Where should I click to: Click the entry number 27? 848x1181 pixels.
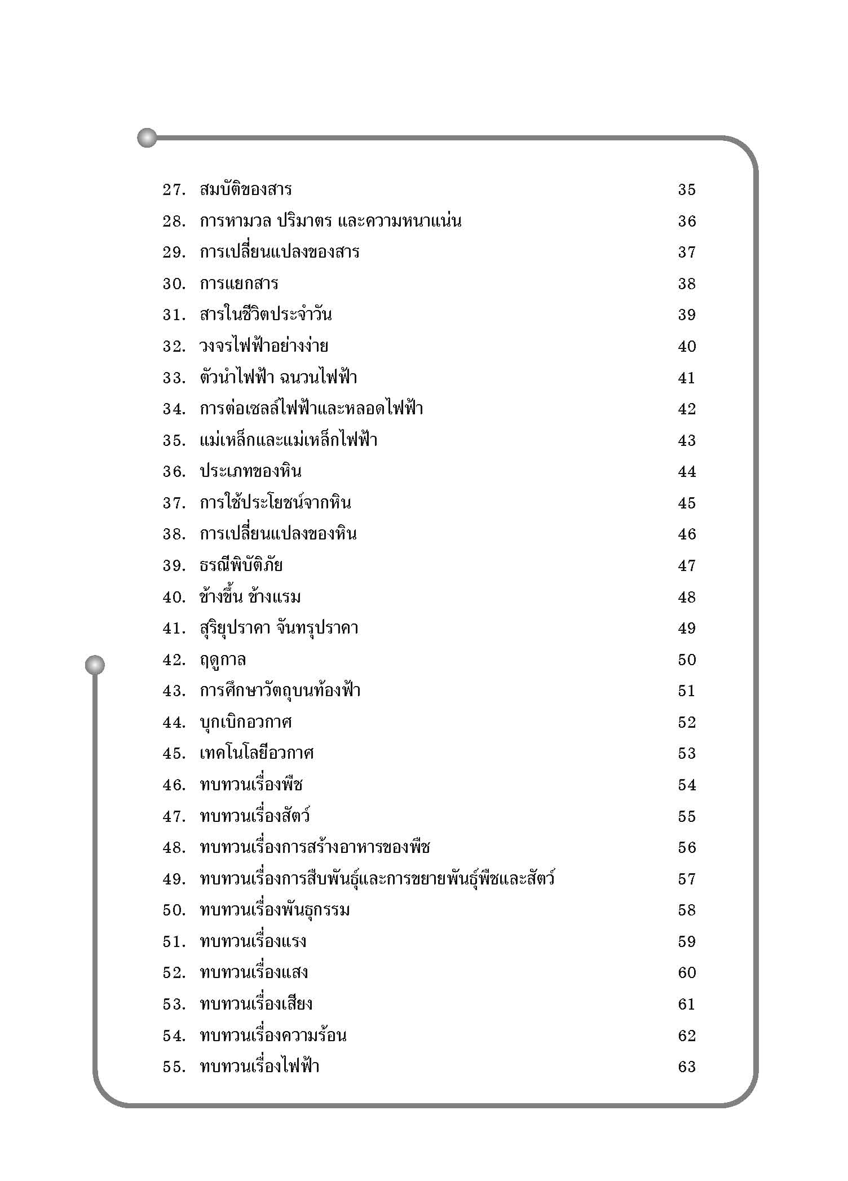174,190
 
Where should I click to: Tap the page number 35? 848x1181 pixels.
687,190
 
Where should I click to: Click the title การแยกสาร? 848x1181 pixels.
239,284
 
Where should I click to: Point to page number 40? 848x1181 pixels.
687,347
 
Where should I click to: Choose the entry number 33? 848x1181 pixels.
174,378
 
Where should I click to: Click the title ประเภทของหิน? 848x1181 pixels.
251,472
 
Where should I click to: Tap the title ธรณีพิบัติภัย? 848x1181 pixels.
241,565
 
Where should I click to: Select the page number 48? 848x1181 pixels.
687,597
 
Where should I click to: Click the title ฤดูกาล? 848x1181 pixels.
223,660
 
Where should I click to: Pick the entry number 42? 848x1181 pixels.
174,660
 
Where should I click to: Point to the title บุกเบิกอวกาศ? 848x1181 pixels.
246,722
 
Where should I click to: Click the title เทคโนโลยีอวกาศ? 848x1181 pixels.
257,754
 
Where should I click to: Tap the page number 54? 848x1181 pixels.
687,785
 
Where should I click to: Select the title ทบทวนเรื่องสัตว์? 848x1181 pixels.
255,816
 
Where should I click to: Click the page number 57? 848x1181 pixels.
687,879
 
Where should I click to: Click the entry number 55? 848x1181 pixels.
174,1067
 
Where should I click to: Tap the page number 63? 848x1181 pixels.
687,1067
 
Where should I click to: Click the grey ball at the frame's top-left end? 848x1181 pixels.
147,138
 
